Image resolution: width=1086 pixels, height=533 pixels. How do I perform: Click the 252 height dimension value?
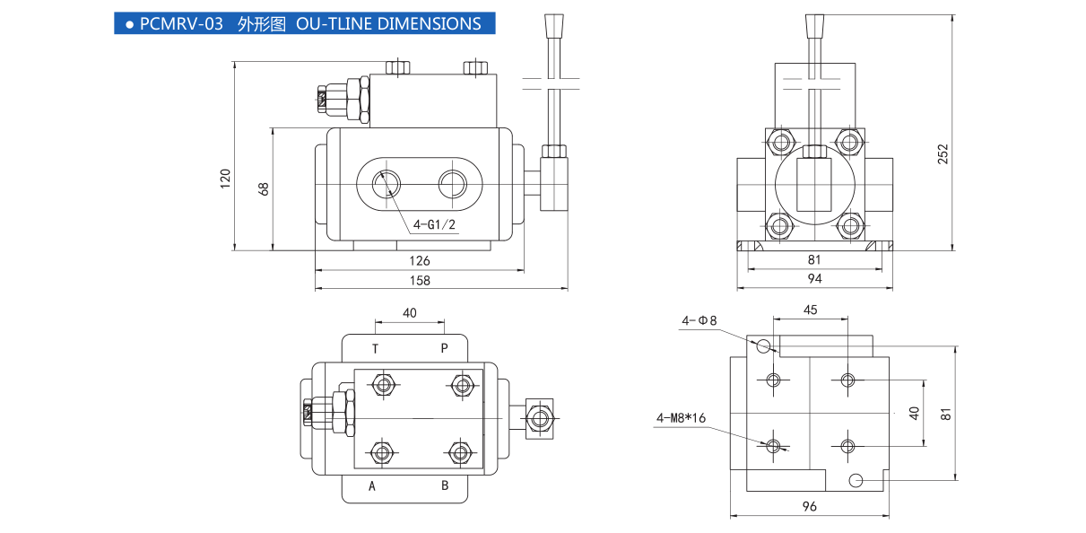(x=943, y=153)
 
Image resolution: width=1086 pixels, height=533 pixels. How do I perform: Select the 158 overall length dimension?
(x=420, y=280)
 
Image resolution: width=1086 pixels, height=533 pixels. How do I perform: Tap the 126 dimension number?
(x=420, y=261)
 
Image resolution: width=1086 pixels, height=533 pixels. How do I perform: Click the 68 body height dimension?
(x=263, y=188)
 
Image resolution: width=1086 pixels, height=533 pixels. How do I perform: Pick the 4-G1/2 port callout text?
(x=435, y=224)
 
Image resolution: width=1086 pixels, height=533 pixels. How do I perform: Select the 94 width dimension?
(x=814, y=278)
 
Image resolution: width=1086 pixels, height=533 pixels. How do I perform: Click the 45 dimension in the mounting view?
(x=810, y=310)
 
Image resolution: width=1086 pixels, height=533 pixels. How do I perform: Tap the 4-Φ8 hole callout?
(x=699, y=319)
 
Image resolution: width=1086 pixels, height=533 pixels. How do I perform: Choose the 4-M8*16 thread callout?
(x=682, y=417)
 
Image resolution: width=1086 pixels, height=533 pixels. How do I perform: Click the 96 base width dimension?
(x=809, y=506)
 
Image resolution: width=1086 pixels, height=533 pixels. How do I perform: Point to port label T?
(x=375, y=348)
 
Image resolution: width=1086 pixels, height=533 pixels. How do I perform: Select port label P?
(x=443, y=348)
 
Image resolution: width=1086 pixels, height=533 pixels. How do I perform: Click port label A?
(x=371, y=486)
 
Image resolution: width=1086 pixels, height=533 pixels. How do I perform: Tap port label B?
(x=444, y=486)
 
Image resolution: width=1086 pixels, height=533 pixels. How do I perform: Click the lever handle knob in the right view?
(x=814, y=26)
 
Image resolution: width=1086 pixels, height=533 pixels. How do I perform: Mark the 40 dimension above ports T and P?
(x=409, y=313)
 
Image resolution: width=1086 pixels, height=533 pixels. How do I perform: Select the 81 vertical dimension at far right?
(x=945, y=414)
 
